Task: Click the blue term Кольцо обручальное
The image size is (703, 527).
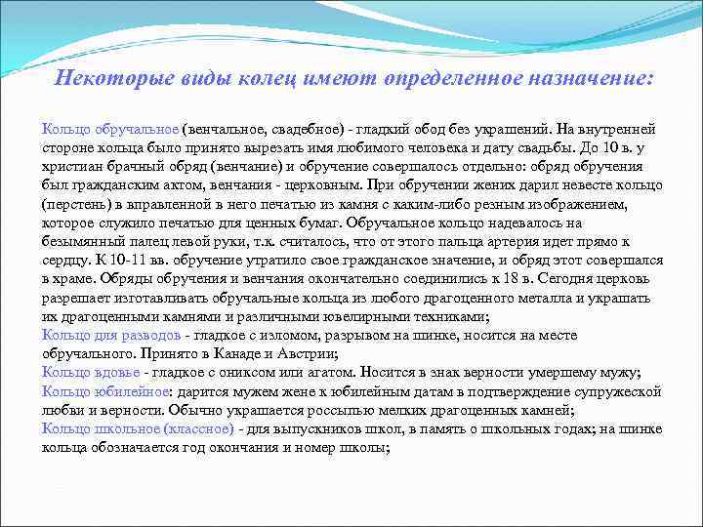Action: click(x=110, y=129)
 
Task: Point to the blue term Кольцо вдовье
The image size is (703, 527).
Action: click(x=89, y=372)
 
